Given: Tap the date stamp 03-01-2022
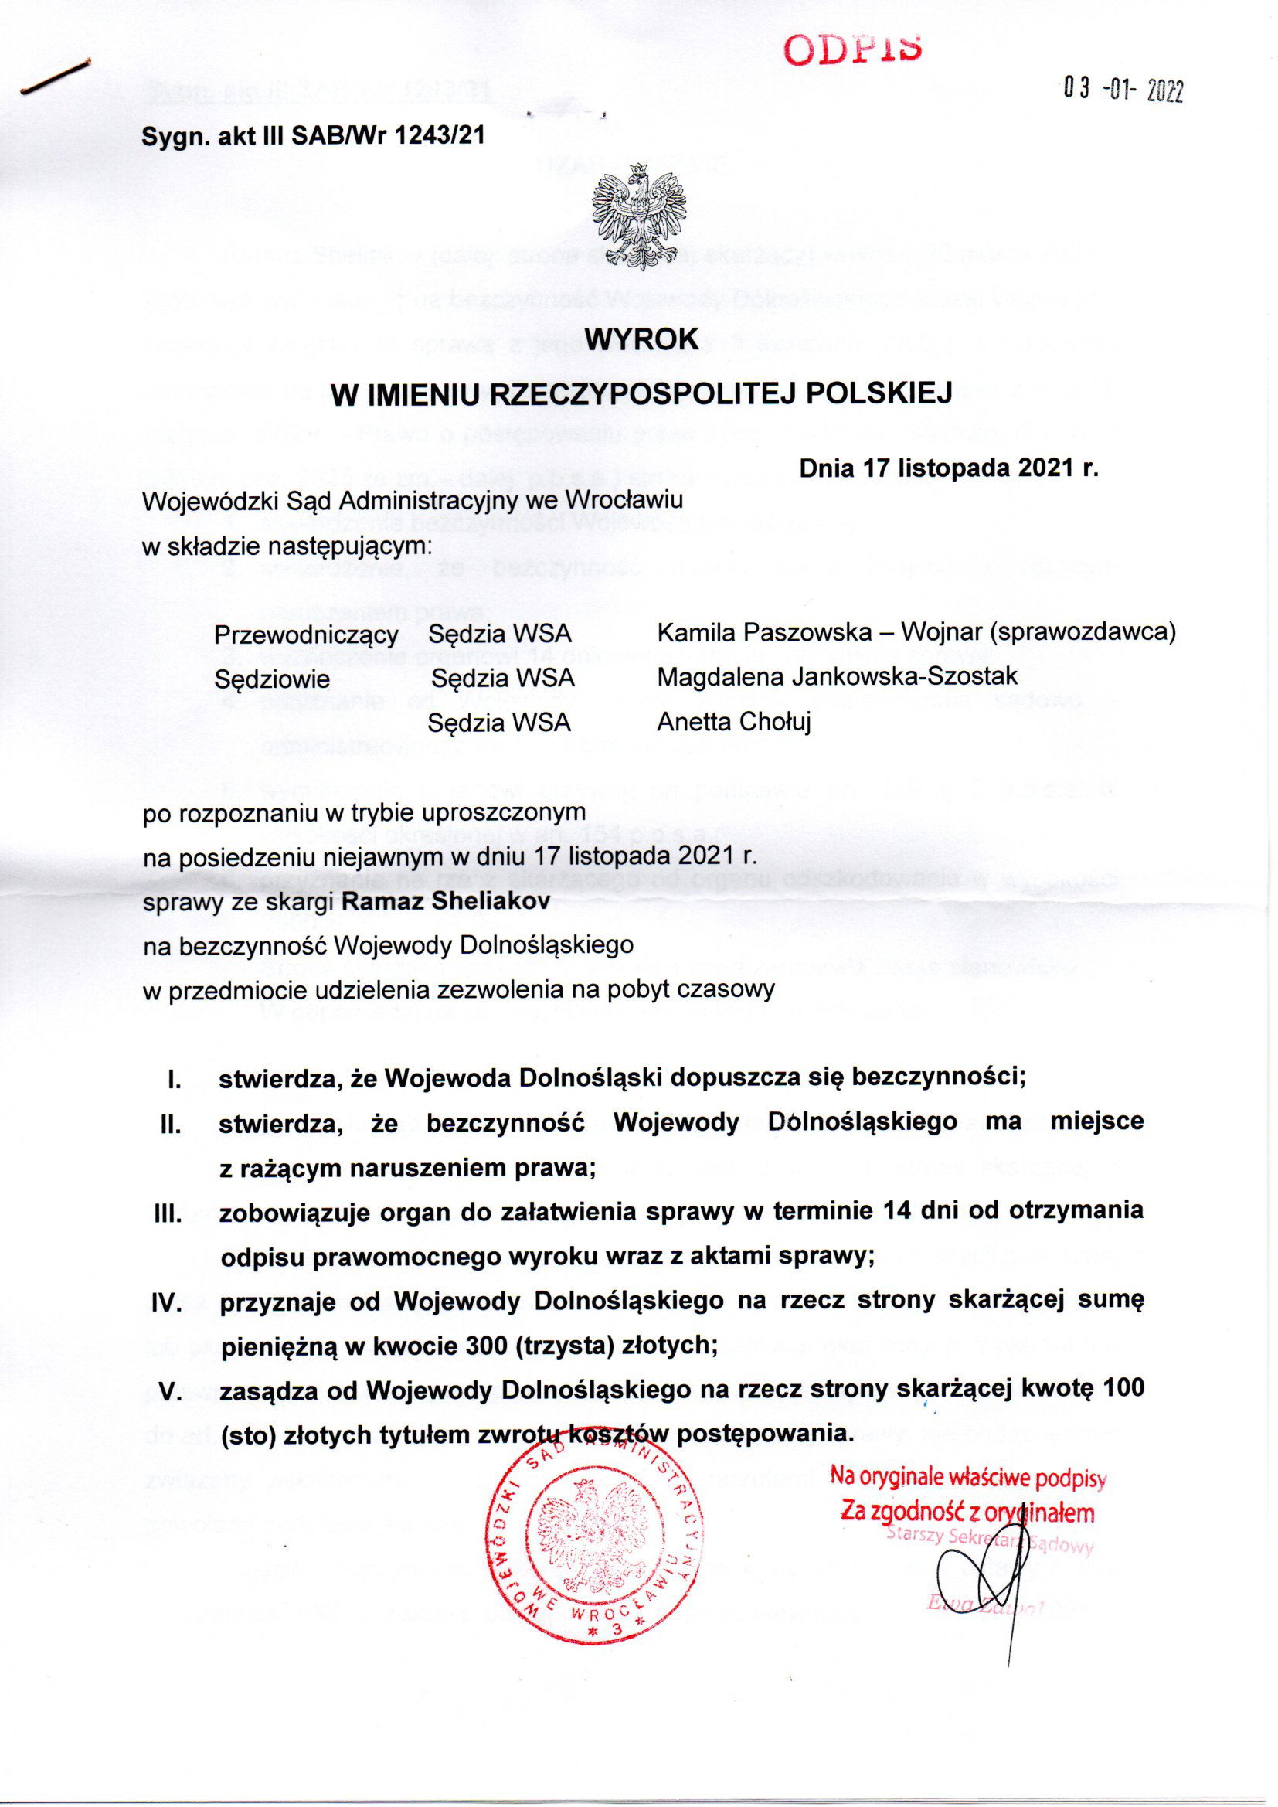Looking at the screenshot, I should pyautogui.click(x=1123, y=91).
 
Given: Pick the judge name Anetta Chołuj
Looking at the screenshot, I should pyautogui.click(x=733, y=721).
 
